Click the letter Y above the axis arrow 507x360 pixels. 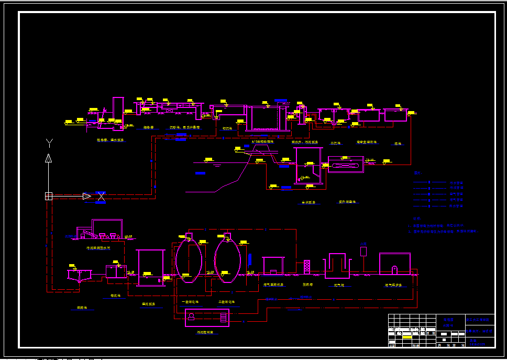coord(49,143)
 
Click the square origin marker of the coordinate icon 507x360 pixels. coord(49,196)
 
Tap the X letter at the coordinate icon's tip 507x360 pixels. coord(102,197)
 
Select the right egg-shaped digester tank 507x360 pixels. coord(227,259)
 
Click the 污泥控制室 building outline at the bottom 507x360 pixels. coord(207,317)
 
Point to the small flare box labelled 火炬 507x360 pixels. coord(363,251)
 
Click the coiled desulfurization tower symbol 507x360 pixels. coord(307,267)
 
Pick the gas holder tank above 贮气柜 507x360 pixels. coord(337,266)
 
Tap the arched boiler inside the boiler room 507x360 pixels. coord(394,269)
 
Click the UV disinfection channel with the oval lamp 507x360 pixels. coord(346,165)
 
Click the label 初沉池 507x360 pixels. coord(227,128)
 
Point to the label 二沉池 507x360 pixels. coord(335,143)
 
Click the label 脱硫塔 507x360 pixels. coord(307,285)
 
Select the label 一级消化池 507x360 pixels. coord(189,302)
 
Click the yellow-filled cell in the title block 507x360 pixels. coord(406,337)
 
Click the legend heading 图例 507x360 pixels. coord(417,173)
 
